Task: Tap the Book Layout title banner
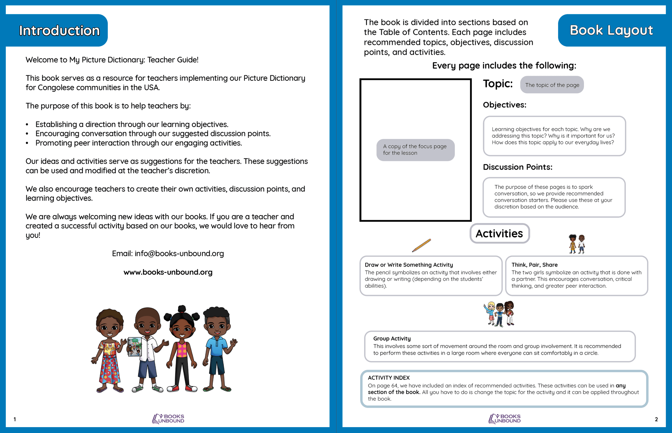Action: (611, 30)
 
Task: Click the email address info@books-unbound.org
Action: (179, 253)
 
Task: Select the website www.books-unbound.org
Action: (168, 272)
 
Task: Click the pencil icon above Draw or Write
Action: (421, 245)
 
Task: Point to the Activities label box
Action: (499, 233)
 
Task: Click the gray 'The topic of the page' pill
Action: (552, 85)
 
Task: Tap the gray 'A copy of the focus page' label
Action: (415, 150)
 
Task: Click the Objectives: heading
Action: (505, 105)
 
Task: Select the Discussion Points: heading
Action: (517, 167)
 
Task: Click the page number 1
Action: (15, 419)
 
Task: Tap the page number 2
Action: (656, 419)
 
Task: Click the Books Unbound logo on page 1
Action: (169, 418)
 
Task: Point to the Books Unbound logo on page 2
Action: (505, 418)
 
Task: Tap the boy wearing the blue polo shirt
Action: (218, 349)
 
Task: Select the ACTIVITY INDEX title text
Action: (388, 378)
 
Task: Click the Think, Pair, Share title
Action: (534, 265)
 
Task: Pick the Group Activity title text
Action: (392, 338)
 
